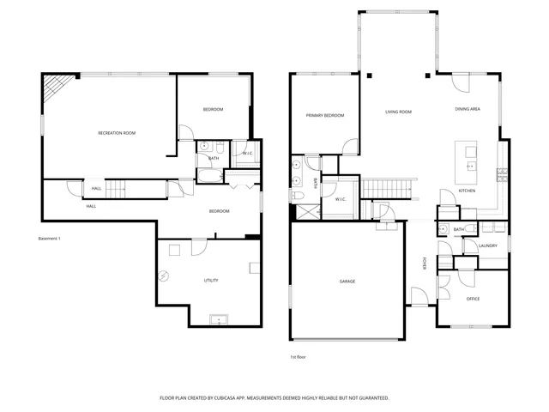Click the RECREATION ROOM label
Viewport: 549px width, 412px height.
point(117,133)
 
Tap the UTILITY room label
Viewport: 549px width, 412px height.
point(210,281)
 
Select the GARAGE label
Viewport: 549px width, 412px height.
point(347,282)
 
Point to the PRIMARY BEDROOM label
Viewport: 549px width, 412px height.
point(324,115)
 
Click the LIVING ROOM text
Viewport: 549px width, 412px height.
point(398,112)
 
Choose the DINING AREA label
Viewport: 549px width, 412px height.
point(468,109)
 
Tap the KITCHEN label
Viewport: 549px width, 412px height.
point(467,191)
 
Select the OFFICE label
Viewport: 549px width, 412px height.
point(473,299)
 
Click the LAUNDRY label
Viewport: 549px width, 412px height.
point(488,246)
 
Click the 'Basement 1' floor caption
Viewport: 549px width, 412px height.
point(50,238)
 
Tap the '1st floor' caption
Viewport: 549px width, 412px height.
point(298,356)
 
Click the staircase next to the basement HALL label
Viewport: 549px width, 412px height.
point(121,187)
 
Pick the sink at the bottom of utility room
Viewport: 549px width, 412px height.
point(219,320)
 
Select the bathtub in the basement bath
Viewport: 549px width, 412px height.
point(210,177)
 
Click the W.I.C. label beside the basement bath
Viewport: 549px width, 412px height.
point(247,154)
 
